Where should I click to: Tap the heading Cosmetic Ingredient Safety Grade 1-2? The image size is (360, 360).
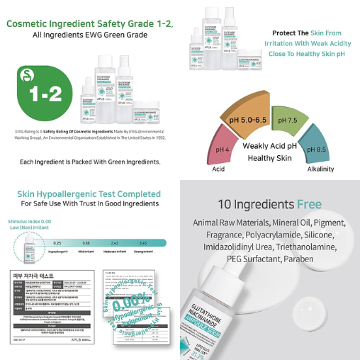click(89, 23)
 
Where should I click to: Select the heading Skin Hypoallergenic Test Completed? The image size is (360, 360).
click(89, 194)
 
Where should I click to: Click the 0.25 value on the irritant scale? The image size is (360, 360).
click(57, 243)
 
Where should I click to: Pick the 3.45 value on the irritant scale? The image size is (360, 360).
click(143, 243)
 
